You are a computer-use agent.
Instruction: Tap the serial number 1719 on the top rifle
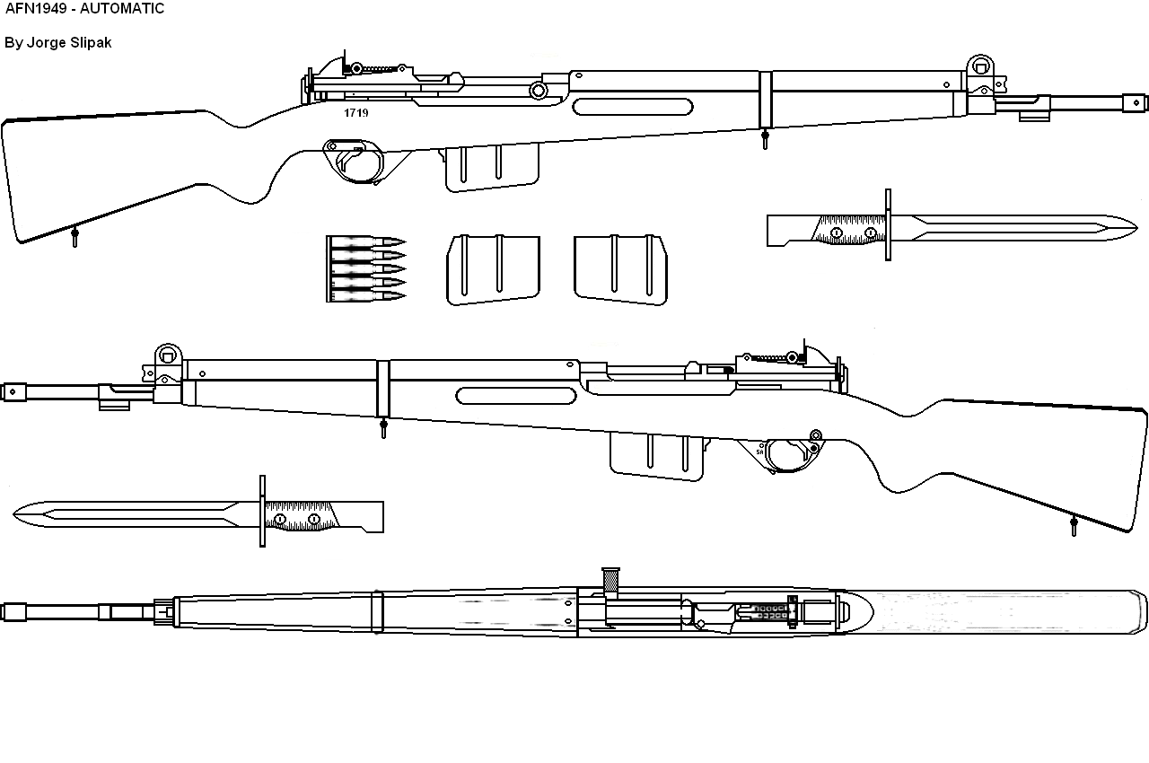click(x=355, y=114)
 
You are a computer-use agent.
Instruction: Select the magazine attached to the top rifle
click(x=492, y=168)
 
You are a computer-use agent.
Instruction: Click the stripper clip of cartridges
click(x=364, y=267)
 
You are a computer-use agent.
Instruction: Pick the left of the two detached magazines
click(x=493, y=269)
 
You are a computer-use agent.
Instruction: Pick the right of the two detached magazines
click(x=620, y=269)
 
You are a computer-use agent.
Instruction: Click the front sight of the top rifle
click(x=979, y=67)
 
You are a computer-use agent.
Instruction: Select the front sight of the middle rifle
click(x=168, y=355)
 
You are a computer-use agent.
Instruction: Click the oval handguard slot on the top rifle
click(x=633, y=108)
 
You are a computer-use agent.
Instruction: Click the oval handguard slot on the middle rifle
click(x=516, y=395)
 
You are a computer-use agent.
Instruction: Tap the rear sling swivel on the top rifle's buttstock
click(x=75, y=237)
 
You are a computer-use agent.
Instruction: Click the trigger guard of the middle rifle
click(x=790, y=452)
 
